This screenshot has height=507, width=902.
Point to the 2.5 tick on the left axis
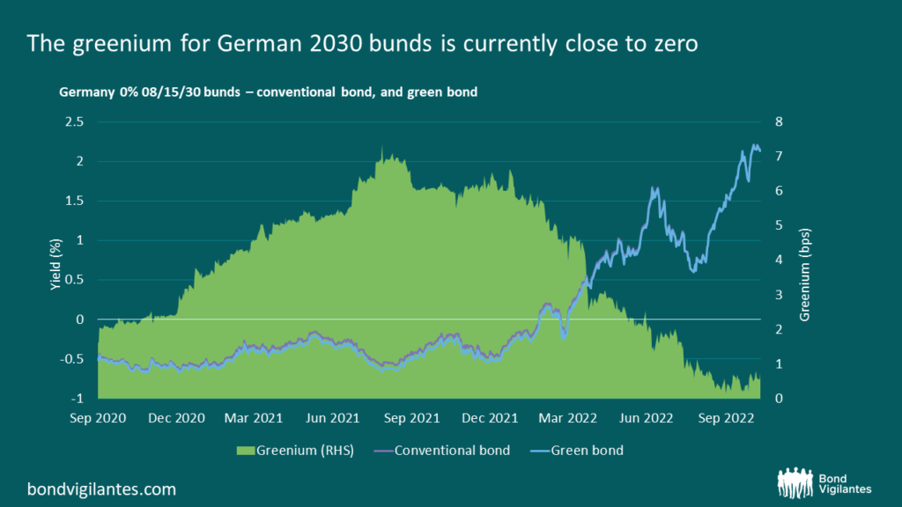[x=75, y=121]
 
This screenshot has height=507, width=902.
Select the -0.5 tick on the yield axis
[x=72, y=359]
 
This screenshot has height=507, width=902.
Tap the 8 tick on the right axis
[x=779, y=121]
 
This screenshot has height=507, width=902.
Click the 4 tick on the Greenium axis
[x=779, y=260]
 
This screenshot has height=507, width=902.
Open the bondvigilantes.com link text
[x=101, y=487]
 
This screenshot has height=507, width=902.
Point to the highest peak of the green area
[x=381, y=147]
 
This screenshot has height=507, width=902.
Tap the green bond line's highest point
[x=755, y=145]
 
